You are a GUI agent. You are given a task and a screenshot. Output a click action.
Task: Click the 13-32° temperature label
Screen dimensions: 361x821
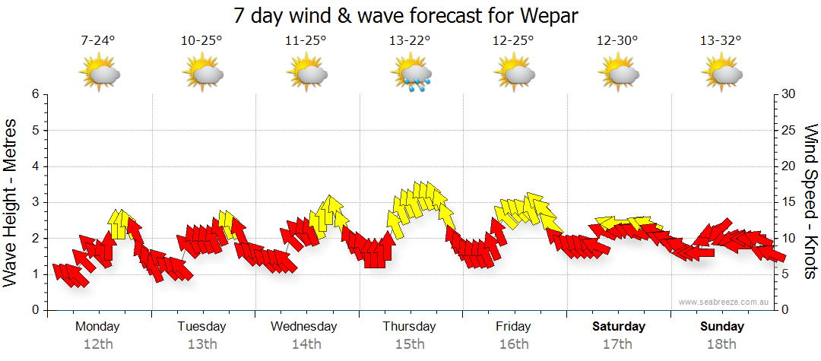[721, 41]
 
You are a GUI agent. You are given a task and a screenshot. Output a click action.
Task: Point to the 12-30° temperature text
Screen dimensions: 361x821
[617, 41]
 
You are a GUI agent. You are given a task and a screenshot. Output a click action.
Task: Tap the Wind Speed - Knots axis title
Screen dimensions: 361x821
[810, 201]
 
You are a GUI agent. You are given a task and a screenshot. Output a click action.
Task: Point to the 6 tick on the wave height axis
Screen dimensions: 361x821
[35, 94]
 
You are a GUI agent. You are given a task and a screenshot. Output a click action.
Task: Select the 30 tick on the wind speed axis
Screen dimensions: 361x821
[789, 94]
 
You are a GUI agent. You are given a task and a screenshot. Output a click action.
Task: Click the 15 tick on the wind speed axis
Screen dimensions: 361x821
[789, 202]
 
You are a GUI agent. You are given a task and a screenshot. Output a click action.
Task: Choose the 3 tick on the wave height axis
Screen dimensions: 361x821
[35, 202]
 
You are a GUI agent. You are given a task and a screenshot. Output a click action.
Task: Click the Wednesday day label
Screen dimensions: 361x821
[304, 327]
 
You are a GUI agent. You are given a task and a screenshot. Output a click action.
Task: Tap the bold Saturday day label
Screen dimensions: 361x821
[619, 327]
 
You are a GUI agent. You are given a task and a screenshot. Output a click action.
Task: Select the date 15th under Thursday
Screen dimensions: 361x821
[410, 344]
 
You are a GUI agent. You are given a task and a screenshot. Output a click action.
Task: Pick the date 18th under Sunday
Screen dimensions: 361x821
[722, 344]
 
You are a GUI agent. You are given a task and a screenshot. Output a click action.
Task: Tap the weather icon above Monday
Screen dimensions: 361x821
[99, 74]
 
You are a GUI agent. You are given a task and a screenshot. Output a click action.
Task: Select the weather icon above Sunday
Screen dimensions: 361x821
[721, 74]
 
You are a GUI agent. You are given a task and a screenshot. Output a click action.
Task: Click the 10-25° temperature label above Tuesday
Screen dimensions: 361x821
[202, 41]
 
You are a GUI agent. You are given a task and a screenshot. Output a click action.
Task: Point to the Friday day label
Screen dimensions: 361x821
[514, 327]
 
